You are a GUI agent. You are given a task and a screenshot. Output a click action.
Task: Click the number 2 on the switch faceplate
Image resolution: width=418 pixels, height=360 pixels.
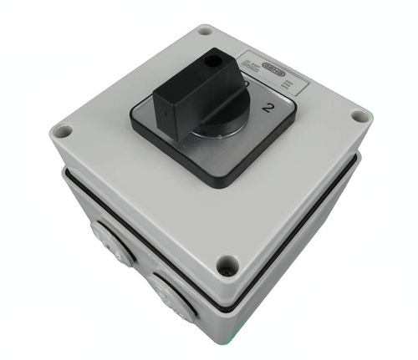(268, 106)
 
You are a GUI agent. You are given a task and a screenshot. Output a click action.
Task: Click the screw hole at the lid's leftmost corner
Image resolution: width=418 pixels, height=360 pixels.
(61, 130)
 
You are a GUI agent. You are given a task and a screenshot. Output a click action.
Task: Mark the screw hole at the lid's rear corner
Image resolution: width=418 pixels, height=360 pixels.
(205, 32)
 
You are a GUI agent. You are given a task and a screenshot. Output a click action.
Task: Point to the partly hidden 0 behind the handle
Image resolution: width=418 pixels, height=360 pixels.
(247, 85)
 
